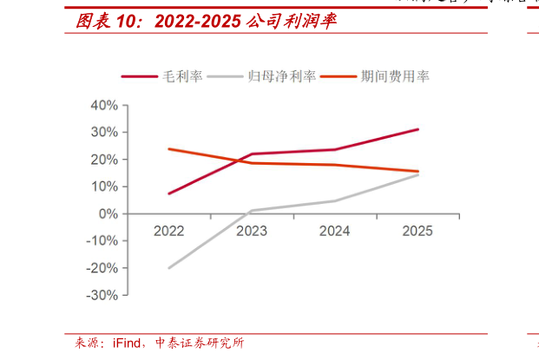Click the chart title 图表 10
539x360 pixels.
coord(200,19)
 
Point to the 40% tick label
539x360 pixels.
coord(104,105)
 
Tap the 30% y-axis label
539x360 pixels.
coord(104,132)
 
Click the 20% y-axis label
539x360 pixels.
coord(104,160)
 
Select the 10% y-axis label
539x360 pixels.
coord(104,187)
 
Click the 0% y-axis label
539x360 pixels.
coord(108,213)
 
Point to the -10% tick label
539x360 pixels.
coord(102,241)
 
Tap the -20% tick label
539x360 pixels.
coord(102,268)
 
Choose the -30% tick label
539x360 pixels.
coord(102,295)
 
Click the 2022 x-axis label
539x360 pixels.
coord(168,231)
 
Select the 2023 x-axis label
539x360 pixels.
coord(252,231)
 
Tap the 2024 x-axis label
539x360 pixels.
coord(335,231)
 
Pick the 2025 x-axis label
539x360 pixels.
coord(417,231)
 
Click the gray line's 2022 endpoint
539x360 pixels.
coord(168,268)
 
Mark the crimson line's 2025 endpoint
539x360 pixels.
coord(417,129)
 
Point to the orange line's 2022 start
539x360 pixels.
coord(168,149)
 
